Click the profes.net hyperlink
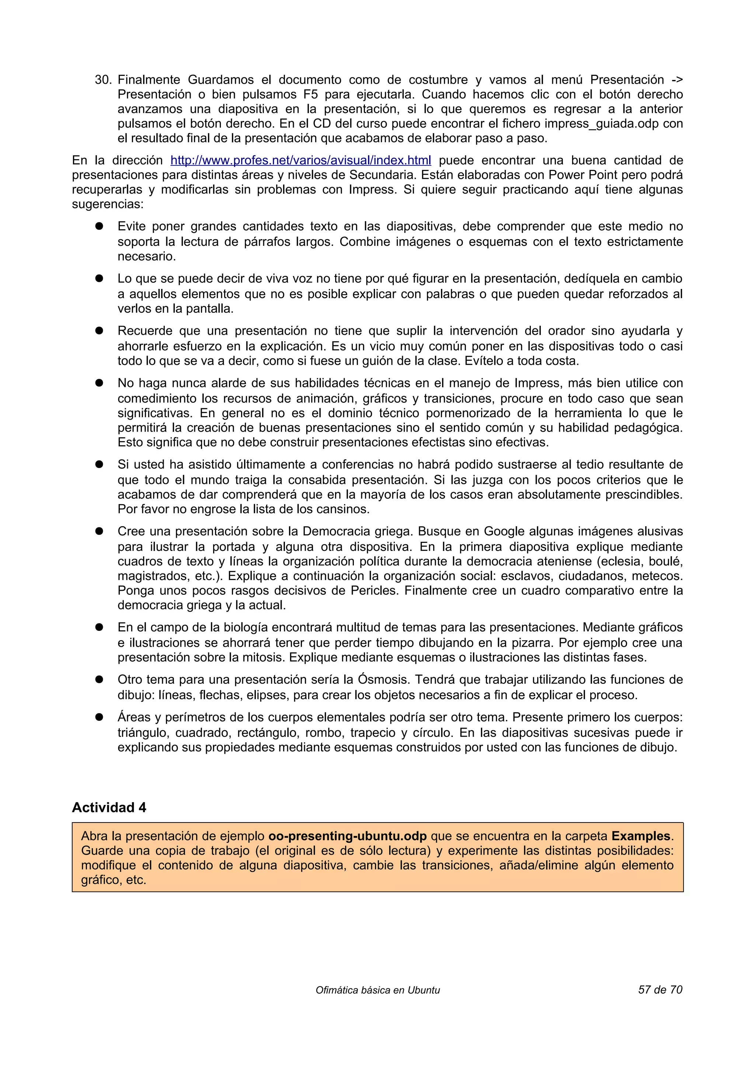point(300,160)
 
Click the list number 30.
point(103,80)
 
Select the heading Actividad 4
point(109,807)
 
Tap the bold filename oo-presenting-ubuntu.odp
point(348,836)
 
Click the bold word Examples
point(641,836)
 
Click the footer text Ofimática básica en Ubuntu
point(377,990)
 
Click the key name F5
point(310,94)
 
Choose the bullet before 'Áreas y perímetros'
point(99,717)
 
